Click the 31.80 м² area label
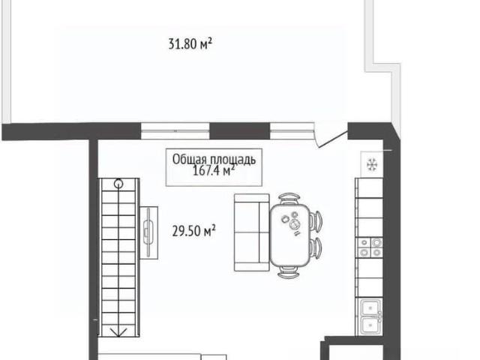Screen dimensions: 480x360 190,43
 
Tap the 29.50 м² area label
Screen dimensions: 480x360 193,231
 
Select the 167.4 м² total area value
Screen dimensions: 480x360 214,171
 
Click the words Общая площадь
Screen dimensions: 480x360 214,160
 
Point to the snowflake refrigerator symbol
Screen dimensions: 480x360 372,165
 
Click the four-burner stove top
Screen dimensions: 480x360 370,247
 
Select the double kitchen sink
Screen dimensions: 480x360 371,316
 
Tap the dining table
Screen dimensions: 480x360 289,235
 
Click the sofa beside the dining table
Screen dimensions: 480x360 252,232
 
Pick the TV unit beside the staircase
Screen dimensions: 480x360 149,232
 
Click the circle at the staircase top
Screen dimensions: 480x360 118,184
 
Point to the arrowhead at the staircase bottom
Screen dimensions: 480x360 118,332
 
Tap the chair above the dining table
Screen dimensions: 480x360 289,198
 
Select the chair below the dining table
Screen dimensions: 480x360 288,271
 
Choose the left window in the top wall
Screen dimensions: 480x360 175,130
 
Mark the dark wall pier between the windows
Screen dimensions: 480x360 240,130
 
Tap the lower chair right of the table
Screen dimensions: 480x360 316,247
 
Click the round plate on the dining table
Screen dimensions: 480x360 295,225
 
